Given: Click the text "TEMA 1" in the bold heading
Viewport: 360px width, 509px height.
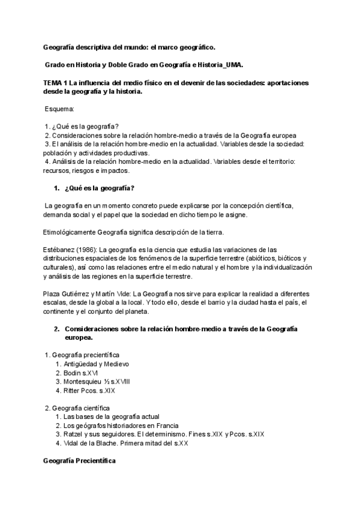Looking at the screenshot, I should click(x=55, y=82).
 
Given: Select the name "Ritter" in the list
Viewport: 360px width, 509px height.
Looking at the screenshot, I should click(x=73, y=391).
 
